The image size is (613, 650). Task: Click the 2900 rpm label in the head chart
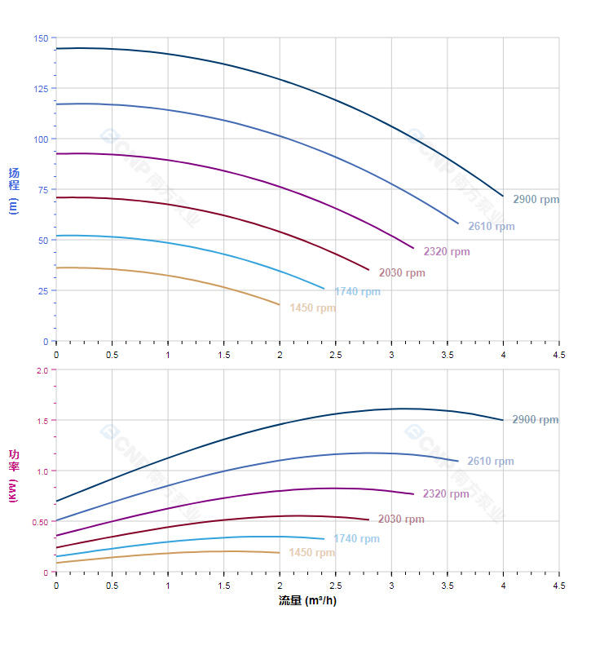[536, 199]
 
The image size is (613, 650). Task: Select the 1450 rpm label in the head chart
[312, 308]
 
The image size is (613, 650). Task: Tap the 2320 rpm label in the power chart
[446, 494]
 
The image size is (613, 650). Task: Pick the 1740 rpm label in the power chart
[356, 539]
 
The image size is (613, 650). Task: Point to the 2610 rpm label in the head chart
[491, 227]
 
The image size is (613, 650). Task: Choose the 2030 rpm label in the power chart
[401, 520]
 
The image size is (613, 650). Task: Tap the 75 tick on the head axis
[43, 189]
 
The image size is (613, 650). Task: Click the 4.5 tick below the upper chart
[559, 355]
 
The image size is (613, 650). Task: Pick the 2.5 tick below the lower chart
[335, 586]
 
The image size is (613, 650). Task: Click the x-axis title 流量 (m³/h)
[307, 601]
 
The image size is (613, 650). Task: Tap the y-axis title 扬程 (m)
[13, 190]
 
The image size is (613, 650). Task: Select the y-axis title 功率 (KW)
[13, 475]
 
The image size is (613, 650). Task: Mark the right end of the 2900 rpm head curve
[503, 196]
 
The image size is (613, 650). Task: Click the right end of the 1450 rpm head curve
[280, 305]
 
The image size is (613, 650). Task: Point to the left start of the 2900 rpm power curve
[56, 501]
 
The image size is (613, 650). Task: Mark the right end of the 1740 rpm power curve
[324, 539]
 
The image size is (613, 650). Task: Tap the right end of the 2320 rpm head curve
[414, 249]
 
